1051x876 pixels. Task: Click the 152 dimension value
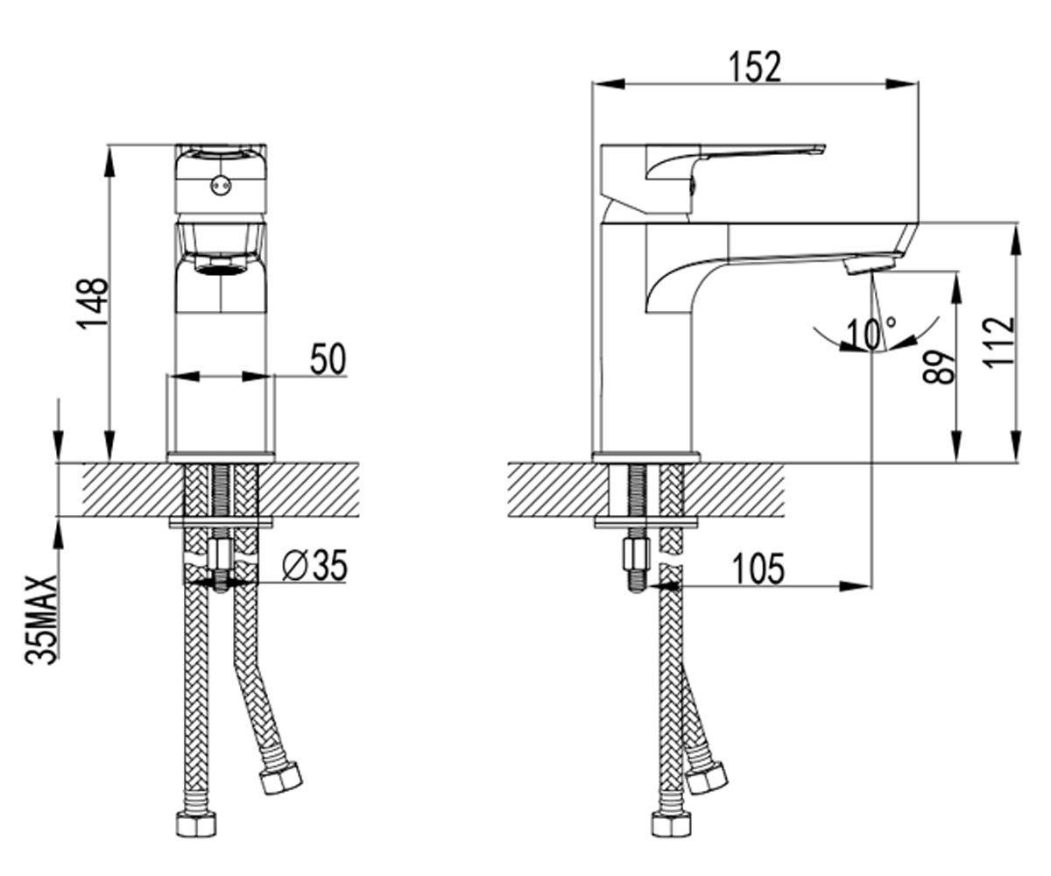coord(756,67)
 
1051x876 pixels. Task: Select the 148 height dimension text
coord(92,304)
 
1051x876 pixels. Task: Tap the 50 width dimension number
coord(328,359)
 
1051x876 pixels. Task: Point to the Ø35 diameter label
coord(314,565)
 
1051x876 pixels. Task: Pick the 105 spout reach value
coord(758,569)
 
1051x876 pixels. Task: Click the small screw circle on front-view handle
coord(221,185)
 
